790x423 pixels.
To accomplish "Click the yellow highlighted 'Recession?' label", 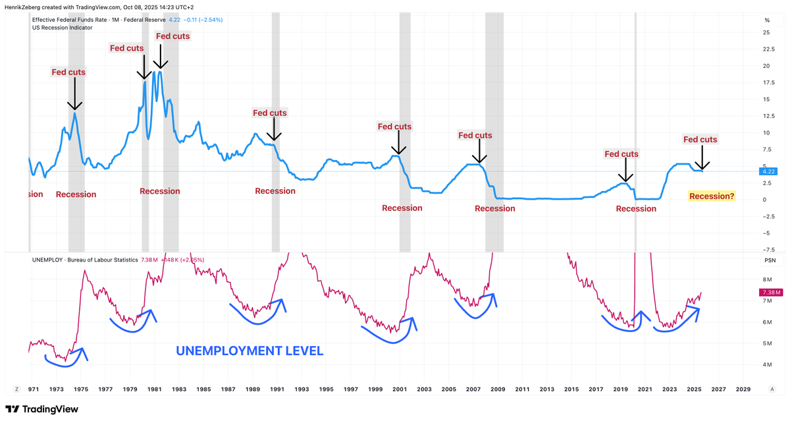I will coord(712,196).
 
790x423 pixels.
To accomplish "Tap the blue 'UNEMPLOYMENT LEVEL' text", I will coord(249,351).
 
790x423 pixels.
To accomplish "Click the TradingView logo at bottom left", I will coord(41,409).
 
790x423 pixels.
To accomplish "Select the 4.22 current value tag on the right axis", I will coord(768,171).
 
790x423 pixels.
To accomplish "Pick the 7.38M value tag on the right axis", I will coord(770,293).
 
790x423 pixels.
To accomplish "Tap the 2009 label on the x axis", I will coord(498,389).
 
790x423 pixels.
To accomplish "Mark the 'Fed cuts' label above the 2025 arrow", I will coord(700,140).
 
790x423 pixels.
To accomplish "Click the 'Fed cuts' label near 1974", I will coord(68,72).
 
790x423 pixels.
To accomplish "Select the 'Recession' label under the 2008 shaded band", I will coord(494,208).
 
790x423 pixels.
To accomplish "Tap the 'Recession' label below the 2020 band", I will coord(635,209).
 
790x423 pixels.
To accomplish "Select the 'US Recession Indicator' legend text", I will coord(63,28).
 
